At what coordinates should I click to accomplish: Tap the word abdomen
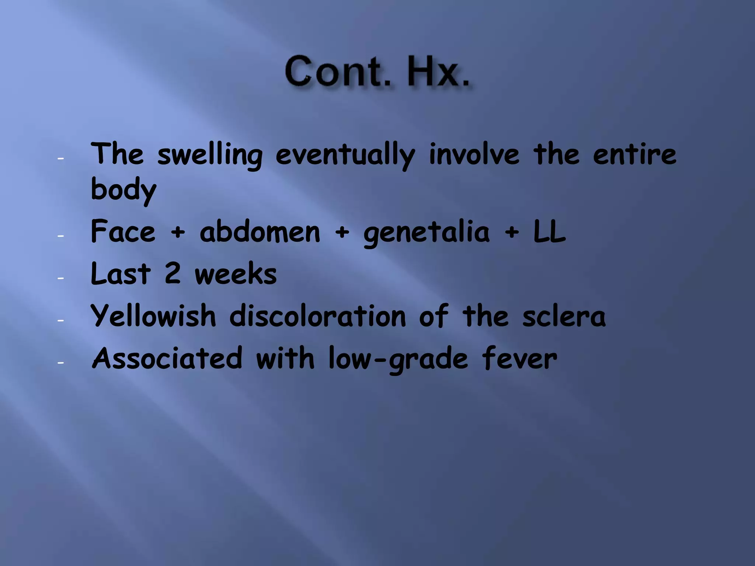(x=260, y=232)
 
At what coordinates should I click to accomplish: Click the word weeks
(x=236, y=274)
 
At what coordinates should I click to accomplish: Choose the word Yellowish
(x=153, y=316)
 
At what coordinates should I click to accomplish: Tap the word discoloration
(x=317, y=316)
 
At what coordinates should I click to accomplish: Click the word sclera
(x=564, y=316)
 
